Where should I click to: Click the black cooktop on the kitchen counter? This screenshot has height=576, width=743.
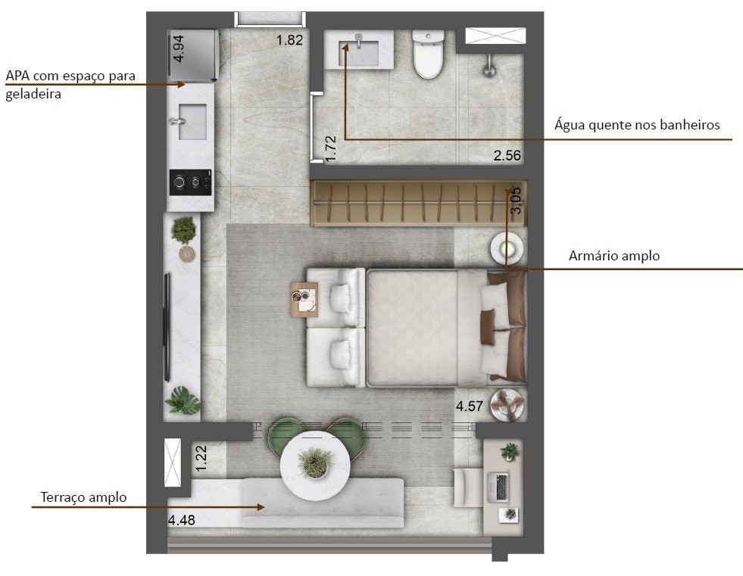pos(190,182)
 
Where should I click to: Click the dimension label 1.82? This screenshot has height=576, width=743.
pos(289,40)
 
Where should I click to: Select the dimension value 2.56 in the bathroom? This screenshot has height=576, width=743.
pos(507,156)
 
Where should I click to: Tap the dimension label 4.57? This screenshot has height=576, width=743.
pos(470,407)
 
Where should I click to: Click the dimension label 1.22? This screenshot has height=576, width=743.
pos(201,459)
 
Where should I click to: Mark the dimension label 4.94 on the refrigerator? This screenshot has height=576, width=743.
pos(177,48)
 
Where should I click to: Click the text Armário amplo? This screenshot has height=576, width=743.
pos(613,256)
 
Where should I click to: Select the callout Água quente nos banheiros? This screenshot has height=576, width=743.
pos(636,125)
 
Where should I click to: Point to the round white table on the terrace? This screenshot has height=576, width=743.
pos(314,462)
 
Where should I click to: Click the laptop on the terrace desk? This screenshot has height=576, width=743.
pos(501,486)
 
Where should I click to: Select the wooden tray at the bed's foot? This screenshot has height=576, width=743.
pos(304,299)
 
